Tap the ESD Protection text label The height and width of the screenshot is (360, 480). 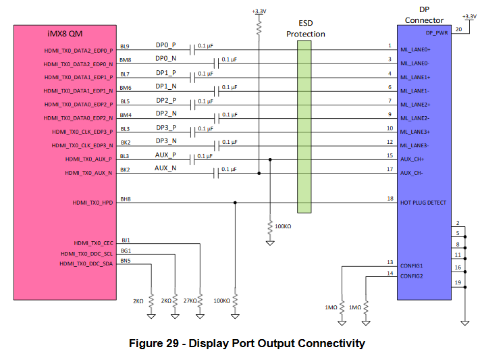(x=305, y=28)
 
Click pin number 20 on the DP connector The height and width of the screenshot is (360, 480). (x=458, y=29)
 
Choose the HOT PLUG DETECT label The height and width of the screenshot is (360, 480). (x=423, y=202)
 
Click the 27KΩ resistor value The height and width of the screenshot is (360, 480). (x=190, y=301)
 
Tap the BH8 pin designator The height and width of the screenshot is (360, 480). (x=125, y=199)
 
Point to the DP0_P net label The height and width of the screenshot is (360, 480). (x=165, y=45)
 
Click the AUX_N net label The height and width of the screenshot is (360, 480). (x=165, y=168)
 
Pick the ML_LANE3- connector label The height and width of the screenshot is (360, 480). (x=415, y=145)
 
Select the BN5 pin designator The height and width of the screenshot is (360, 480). (x=125, y=261)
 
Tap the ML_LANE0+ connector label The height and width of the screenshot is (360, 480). (x=415, y=50)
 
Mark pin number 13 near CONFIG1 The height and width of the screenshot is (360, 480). (x=390, y=262)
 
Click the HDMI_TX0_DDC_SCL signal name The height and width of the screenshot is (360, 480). (x=86, y=253)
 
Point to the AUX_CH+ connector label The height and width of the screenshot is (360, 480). (x=412, y=159)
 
